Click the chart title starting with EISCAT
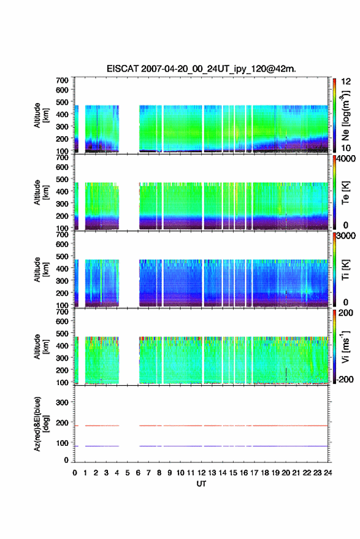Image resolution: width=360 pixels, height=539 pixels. (x=201, y=69)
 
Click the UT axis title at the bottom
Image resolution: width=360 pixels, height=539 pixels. (x=202, y=484)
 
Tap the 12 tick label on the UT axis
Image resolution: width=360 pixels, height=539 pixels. (x=202, y=473)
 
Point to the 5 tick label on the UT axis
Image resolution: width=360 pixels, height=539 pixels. (x=128, y=473)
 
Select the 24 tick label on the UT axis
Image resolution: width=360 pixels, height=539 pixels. (x=328, y=473)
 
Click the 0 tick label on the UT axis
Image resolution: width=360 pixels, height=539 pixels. (x=75, y=473)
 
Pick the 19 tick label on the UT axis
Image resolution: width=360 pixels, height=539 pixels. (x=275, y=473)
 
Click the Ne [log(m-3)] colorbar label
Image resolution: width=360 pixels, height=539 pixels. (x=346, y=115)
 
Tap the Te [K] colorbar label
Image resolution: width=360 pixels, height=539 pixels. (x=345, y=193)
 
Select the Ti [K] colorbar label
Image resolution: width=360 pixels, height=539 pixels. (x=345, y=270)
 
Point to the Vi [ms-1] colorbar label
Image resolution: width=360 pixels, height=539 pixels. (x=345, y=346)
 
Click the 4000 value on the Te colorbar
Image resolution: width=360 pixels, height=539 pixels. (x=346, y=159)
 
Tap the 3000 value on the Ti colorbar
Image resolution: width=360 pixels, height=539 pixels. (x=346, y=236)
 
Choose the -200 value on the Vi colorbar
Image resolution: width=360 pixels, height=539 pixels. (x=345, y=379)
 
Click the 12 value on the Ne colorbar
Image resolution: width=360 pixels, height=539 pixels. (x=346, y=82)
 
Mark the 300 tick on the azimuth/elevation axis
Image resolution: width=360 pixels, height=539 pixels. (x=62, y=402)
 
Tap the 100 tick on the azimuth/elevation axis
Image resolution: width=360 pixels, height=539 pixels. (x=62, y=443)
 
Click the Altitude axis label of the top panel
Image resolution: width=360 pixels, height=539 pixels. (x=41, y=115)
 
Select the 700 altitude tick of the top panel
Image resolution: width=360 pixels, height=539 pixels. (x=62, y=80)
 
